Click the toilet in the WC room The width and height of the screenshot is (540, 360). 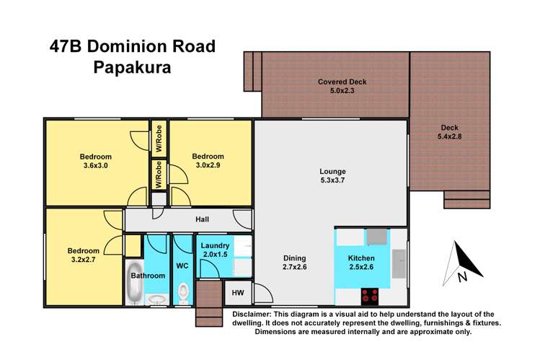(183, 291)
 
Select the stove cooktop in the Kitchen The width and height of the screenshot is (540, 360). (370, 294)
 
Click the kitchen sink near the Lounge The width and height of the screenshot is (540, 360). (376, 237)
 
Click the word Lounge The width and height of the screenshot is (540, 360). (333, 171)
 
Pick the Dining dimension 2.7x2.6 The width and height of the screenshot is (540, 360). (295, 267)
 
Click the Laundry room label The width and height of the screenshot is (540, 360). (215, 246)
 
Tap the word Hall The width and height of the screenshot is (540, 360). (203, 219)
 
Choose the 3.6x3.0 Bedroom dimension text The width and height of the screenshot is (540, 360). (95, 166)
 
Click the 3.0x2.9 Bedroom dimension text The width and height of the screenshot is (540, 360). (208, 166)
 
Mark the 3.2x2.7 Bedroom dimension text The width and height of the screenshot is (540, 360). (83, 260)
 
